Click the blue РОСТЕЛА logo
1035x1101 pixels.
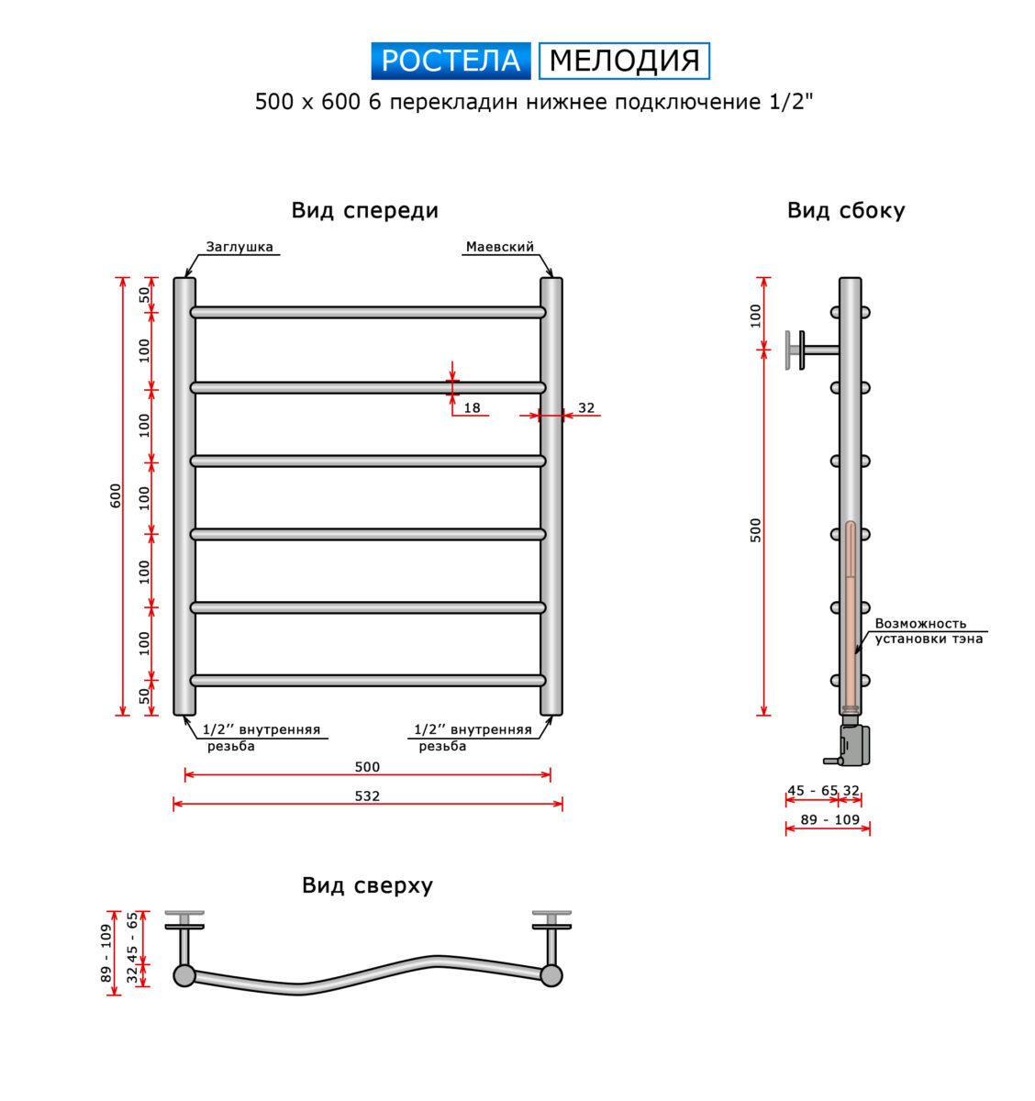(x=451, y=61)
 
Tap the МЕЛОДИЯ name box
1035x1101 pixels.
(x=624, y=61)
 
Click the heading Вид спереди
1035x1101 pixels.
(x=364, y=211)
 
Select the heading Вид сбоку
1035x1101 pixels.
(x=846, y=211)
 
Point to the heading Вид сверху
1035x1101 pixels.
(x=367, y=885)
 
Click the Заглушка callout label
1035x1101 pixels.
(x=239, y=247)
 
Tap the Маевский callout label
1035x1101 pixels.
(x=499, y=247)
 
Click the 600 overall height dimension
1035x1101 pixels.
(x=116, y=495)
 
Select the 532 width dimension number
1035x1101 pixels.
(x=367, y=796)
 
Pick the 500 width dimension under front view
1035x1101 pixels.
(x=367, y=767)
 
